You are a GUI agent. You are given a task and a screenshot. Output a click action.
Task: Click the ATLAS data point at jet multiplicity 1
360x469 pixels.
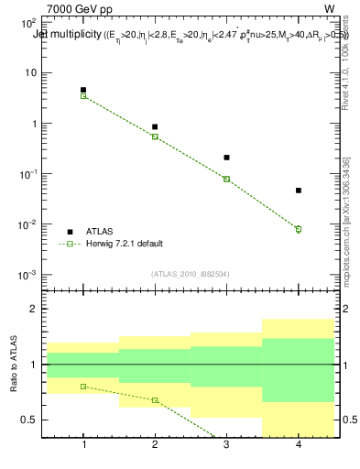pos(83,90)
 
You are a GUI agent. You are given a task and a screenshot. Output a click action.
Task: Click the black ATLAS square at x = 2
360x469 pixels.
pos(155,126)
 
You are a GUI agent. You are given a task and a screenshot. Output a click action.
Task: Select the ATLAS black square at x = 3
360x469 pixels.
pos(226,158)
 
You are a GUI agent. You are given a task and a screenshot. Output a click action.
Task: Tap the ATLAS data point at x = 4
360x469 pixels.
pos(299,191)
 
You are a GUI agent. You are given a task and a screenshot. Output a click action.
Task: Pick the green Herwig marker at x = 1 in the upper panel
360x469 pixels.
pos(83,95)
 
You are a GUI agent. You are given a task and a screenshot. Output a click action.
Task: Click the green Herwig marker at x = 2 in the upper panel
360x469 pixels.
pos(155,136)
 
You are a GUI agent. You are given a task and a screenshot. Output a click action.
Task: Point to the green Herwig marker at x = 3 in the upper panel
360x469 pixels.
pos(226,179)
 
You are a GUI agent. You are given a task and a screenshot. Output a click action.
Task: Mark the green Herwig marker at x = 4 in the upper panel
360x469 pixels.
pos(299,229)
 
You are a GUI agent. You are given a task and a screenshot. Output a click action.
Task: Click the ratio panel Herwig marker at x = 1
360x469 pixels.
pos(83,387)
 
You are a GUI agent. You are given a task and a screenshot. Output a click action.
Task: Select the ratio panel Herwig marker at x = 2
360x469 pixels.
pos(155,400)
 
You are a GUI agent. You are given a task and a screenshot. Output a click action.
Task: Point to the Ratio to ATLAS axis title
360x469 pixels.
pos(14,365)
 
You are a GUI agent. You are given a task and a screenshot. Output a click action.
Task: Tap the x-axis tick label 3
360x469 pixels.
pos(226,446)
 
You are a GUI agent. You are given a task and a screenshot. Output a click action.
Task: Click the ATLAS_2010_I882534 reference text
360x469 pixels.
pos(191,274)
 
